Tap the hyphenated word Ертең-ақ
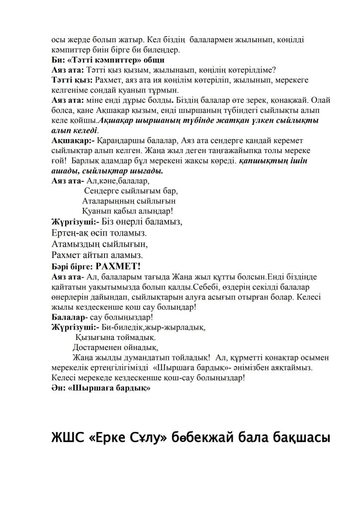pyautogui.click(x=70, y=233)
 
